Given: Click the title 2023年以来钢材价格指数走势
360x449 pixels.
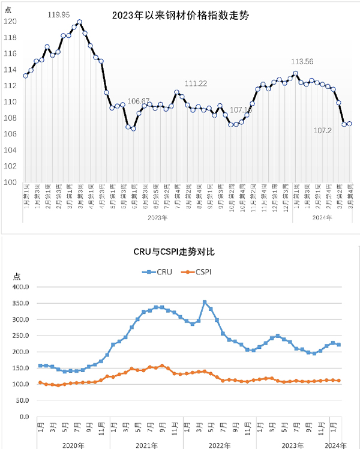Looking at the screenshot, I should tap(180, 16).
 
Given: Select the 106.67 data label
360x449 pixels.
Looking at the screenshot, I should tap(139, 101).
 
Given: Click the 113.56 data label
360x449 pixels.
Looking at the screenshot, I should tap(302, 62).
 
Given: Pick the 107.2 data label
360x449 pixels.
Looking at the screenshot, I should tap(325, 130).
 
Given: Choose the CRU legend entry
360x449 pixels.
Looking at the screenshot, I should tap(158, 272).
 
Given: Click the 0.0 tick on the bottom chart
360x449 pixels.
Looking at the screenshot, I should tap(24, 416).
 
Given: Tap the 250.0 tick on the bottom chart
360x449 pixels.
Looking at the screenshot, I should tap(20, 336).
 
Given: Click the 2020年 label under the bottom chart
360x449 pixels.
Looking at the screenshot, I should tap(73, 445).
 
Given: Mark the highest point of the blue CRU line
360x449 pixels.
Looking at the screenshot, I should tap(205, 303).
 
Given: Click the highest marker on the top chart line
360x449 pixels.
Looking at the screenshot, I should tap(79, 22).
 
